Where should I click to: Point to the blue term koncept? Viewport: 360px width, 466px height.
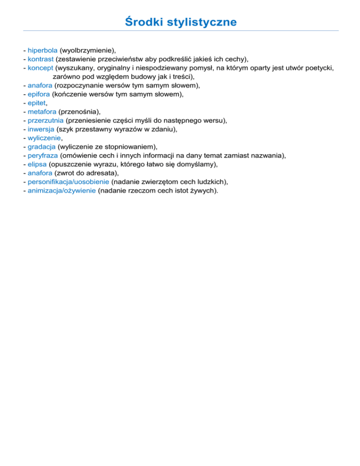click(x=40, y=68)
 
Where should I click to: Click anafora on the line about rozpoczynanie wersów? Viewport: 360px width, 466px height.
click(x=40, y=85)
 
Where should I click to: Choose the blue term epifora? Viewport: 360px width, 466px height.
click(x=39, y=94)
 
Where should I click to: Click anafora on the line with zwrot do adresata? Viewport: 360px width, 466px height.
click(x=40, y=173)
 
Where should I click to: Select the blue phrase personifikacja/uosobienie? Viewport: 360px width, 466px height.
click(x=68, y=181)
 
